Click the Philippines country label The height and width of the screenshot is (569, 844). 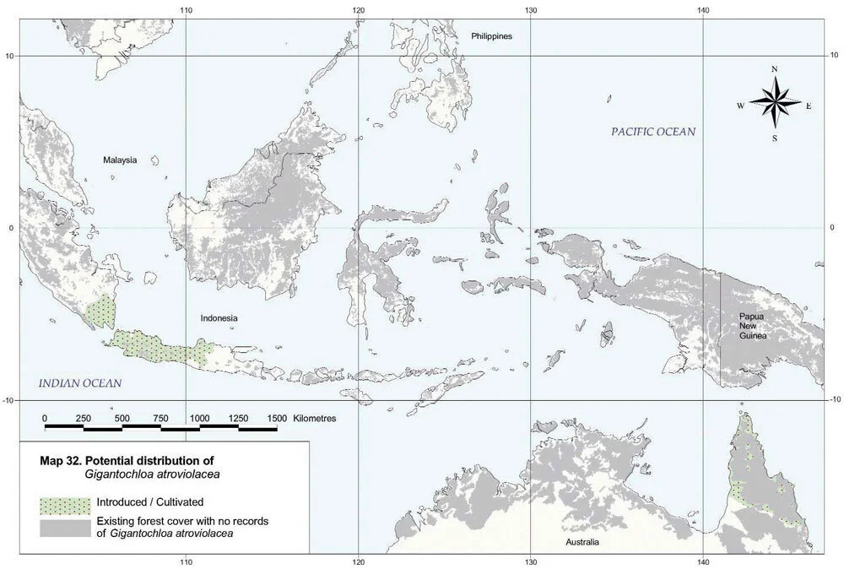coord(491,36)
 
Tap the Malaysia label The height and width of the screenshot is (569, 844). coord(120,160)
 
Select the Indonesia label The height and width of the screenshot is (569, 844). coord(219,318)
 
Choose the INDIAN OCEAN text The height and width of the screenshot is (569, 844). coord(80,383)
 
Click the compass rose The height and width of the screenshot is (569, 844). coord(775,104)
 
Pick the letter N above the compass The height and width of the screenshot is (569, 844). coord(775,69)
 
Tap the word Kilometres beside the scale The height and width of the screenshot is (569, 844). coord(315,419)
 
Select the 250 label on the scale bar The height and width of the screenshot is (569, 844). coord(83,419)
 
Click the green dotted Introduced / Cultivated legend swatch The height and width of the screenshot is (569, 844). coord(63,505)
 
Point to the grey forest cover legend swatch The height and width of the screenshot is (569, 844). coord(63,527)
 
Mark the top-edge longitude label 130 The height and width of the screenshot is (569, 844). coord(531,10)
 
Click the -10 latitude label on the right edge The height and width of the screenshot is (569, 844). coord(833,399)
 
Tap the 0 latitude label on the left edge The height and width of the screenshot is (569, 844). coord(9,228)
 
